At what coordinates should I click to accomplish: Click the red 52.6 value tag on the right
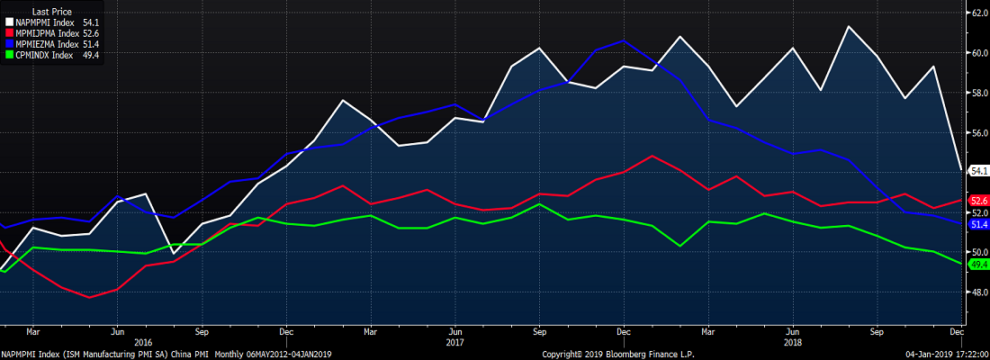(978, 200)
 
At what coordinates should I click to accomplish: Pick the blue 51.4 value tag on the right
(978, 224)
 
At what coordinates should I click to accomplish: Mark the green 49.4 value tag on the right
(978, 265)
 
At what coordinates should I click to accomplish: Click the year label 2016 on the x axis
(143, 342)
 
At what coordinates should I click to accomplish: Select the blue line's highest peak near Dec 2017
(624, 40)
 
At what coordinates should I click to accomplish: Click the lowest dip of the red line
(89, 297)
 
